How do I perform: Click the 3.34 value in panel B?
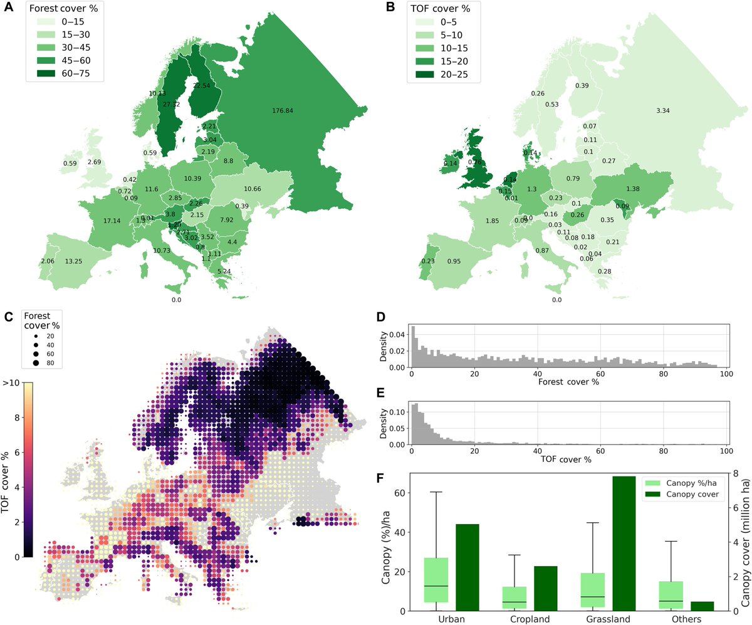pos(663,111)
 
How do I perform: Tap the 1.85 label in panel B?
pos(491,221)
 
